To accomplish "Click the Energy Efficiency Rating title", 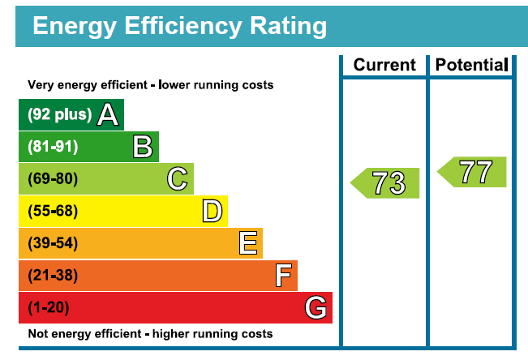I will [x=179, y=26].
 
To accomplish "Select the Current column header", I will [x=384, y=65].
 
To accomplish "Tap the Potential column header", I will [x=471, y=65].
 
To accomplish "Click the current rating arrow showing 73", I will [x=386, y=183].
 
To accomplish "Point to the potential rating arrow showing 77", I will [x=473, y=172].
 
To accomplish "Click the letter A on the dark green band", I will [x=108, y=115].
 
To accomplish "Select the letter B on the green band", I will [x=143, y=147].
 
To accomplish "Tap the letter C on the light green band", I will [x=178, y=178].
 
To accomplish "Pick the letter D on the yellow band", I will [x=212, y=211].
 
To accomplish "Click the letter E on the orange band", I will [x=247, y=243].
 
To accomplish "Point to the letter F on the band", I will [x=282, y=276].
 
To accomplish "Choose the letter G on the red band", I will [x=316, y=308].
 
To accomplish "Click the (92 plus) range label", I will [x=60, y=115].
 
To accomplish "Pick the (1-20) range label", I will [x=49, y=308].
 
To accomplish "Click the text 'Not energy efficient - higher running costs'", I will [x=150, y=334].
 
